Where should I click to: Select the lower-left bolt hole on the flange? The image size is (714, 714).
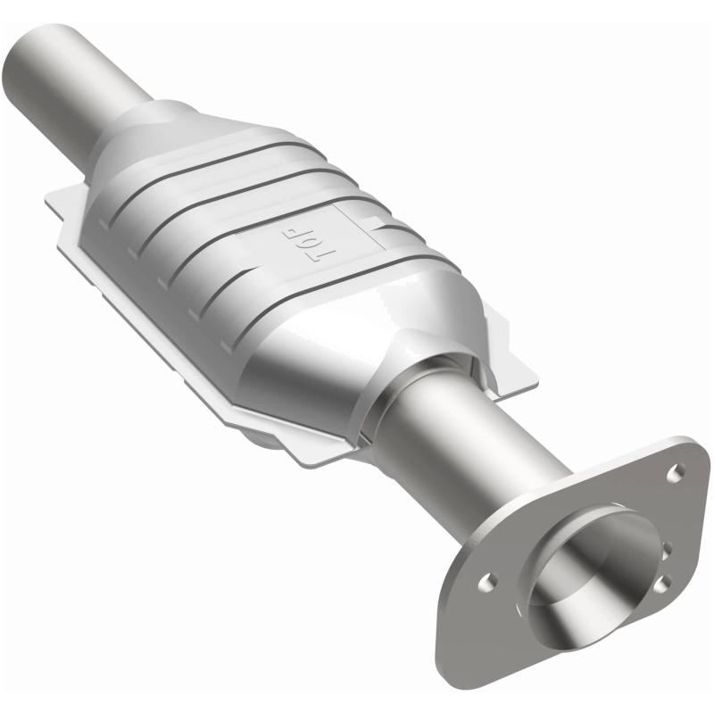[486, 581]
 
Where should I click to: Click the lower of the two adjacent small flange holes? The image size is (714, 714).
[660, 584]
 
